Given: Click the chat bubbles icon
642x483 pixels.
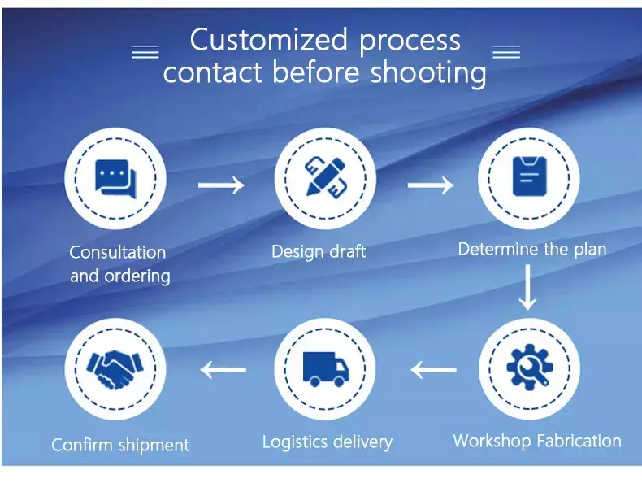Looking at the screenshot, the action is pos(115,179).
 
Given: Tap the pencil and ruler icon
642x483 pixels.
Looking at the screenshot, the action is pos(325,178).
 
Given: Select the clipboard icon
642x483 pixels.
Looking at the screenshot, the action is pos(529,176).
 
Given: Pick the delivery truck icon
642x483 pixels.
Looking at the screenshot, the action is pos(326,369).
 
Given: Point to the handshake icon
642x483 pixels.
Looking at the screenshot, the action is pos(115,369).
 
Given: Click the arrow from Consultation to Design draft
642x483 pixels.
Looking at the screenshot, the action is pos(221,185).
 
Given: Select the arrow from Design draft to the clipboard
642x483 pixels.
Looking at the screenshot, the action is pos(431,185).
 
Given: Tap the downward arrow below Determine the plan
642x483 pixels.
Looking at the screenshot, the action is pos(527,287).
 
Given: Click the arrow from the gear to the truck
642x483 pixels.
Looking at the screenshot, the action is pos(433,369).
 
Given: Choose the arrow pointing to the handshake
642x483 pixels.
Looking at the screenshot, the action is pos(223,369).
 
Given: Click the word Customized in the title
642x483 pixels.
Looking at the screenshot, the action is pos(269,40).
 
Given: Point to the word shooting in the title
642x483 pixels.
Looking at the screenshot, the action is pos(428,72).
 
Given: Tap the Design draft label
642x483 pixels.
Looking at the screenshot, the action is pos(319,251).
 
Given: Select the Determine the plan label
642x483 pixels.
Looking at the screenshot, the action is pos(532,249).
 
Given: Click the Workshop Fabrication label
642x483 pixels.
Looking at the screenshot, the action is pos(537,441).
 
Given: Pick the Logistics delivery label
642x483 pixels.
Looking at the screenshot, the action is pos(328,442).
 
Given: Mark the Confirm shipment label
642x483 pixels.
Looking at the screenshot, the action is pos(120,445).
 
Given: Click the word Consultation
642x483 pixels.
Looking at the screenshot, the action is pos(118,252).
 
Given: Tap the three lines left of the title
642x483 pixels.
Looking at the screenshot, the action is pos(145,52).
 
